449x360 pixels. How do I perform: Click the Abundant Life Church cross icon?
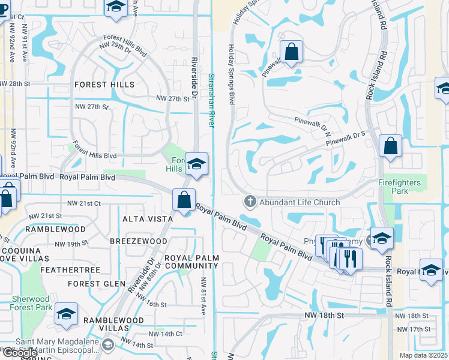coord(250,202)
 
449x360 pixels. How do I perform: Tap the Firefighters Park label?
coord(402,186)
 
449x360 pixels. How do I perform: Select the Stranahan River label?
coord(211,100)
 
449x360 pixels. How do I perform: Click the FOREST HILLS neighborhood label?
coord(104,85)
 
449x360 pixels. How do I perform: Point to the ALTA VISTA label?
coord(148,219)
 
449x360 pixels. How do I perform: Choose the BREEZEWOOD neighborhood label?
coord(139,241)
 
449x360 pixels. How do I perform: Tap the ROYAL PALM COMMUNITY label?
coord(192,262)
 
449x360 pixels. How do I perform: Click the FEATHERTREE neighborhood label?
coord(70,270)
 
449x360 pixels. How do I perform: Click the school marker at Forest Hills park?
coord(196,164)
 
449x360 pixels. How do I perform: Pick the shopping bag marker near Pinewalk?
coord(291,52)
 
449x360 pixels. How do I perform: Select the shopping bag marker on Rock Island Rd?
coord(390,146)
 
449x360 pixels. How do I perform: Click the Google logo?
coord(19,353)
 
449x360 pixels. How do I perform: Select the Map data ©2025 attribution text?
coord(423,355)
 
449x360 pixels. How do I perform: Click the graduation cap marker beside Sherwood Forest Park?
coord(66,314)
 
